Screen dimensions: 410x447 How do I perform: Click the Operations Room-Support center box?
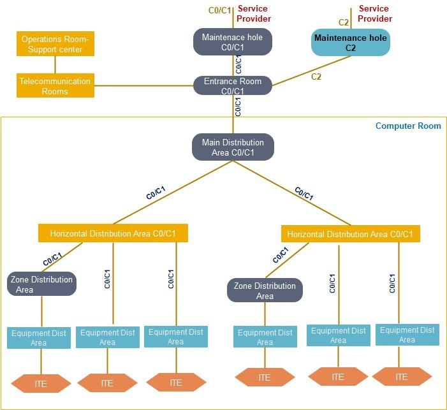(55, 44)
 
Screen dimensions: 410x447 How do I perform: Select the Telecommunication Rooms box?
(55, 86)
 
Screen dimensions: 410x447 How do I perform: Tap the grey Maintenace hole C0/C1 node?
(232, 42)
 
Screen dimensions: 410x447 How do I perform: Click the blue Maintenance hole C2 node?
(350, 42)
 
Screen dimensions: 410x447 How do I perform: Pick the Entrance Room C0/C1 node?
(233, 86)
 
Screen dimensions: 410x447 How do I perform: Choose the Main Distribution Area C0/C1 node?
(233, 147)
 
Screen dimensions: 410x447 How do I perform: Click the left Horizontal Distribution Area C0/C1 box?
(114, 233)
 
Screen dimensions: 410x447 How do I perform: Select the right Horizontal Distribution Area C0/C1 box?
(350, 234)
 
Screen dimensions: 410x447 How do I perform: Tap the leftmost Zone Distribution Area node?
(42, 284)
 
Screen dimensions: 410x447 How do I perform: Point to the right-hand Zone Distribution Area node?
(265, 291)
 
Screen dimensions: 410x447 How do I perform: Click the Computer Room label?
(408, 126)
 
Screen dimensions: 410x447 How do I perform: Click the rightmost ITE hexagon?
(402, 377)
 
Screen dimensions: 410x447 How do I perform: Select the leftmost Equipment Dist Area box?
(39, 338)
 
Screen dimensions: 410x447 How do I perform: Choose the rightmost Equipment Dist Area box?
(407, 335)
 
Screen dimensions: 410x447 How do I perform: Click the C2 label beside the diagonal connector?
(316, 77)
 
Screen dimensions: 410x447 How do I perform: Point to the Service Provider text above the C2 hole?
(375, 13)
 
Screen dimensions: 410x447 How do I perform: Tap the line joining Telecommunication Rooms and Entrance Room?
(143, 85)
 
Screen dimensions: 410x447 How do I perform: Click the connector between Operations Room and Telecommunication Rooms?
(55, 64)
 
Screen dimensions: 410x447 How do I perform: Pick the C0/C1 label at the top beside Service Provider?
(219, 10)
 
